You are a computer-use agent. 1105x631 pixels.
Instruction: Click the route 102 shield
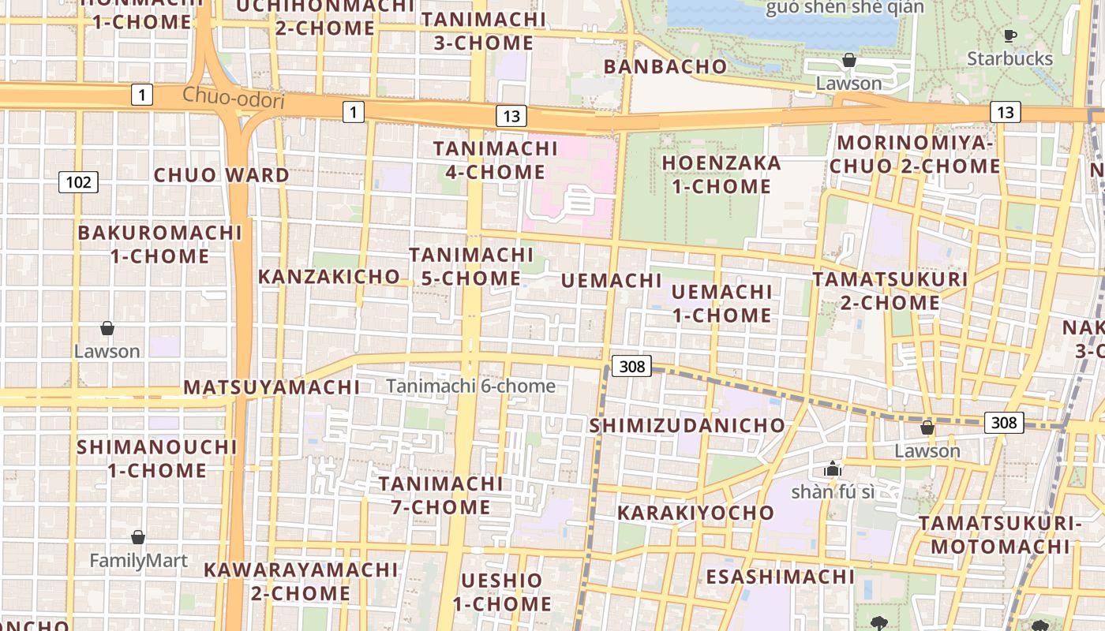click(x=78, y=183)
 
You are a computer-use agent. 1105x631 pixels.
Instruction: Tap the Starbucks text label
click(x=1009, y=59)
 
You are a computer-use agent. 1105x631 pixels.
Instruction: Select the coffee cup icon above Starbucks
click(x=1009, y=35)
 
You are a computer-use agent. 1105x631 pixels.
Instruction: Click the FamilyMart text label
click(x=138, y=561)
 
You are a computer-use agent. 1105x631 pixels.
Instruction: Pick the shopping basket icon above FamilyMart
click(x=138, y=538)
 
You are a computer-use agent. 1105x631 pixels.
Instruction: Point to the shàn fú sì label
click(x=833, y=492)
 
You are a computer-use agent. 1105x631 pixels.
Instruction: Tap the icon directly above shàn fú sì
click(x=832, y=469)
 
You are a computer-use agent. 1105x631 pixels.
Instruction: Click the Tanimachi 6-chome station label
click(x=470, y=386)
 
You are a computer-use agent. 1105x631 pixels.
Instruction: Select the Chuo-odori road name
click(x=233, y=96)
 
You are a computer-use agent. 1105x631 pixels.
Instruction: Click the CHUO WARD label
click(x=221, y=175)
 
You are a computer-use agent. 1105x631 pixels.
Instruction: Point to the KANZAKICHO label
click(x=329, y=277)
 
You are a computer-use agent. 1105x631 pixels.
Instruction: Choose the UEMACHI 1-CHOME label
click(x=721, y=304)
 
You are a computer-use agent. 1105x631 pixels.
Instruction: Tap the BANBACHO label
click(x=665, y=67)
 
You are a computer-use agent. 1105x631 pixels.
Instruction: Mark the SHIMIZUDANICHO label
click(x=688, y=426)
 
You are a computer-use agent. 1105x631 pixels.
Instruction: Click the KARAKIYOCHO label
click(x=695, y=513)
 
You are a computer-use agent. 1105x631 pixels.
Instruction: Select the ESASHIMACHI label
click(x=780, y=577)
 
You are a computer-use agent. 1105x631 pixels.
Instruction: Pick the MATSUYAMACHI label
click(x=272, y=387)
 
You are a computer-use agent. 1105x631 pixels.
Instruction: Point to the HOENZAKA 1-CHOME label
click(x=721, y=175)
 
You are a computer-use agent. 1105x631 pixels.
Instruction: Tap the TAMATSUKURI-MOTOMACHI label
click(x=998, y=535)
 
